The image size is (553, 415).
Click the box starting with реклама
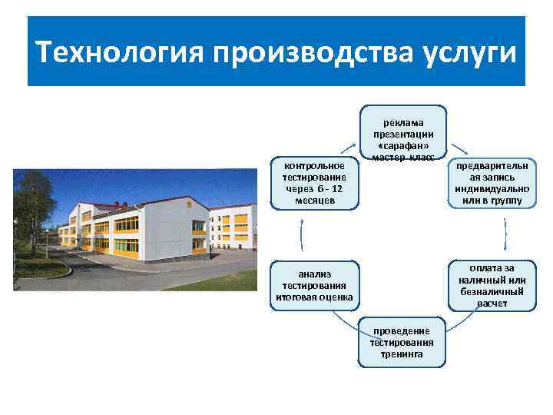(x=403, y=134)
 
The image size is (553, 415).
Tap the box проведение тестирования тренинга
(x=402, y=343)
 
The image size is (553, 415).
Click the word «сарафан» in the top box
(x=403, y=146)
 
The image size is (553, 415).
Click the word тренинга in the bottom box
(x=402, y=354)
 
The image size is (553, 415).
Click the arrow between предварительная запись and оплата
(x=505, y=234)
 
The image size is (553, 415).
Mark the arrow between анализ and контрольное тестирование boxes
(x=301, y=234)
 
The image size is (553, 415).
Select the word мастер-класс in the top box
(x=403, y=158)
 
